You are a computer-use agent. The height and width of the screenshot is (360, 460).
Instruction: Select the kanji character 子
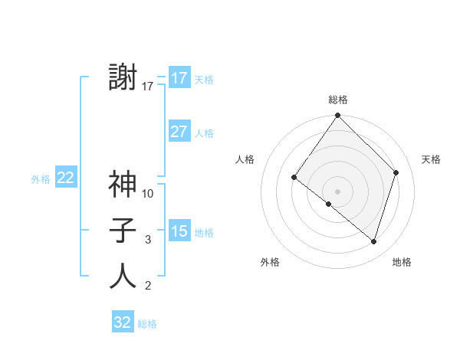[x=123, y=230]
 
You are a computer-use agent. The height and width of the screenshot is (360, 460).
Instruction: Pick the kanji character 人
[x=123, y=276]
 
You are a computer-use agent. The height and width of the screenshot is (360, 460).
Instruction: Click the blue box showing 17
[x=179, y=77]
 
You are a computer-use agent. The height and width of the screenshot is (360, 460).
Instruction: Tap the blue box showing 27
[x=179, y=132]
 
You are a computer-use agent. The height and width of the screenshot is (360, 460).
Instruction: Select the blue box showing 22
[x=65, y=178]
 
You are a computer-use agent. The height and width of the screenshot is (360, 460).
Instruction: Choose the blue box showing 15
[x=179, y=231]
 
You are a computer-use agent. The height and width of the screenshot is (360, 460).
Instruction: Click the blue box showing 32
[x=123, y=322]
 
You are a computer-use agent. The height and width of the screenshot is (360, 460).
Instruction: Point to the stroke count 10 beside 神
[x=148, y=194]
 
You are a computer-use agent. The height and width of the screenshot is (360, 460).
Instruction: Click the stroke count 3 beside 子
[x=148, y=240]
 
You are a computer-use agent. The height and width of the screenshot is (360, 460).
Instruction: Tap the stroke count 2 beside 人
[x=148, y=286]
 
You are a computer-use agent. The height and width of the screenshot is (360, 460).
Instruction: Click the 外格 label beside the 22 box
[x=41, y=179]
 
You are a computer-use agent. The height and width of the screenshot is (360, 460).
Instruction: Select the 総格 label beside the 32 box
[x=147, y=324]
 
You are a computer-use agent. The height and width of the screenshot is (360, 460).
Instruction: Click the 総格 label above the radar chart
[x=337, y=100]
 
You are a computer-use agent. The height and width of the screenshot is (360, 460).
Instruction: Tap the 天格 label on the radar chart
[x=431, y=159]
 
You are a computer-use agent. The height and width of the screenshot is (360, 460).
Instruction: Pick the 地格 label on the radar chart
[x=402, y=262]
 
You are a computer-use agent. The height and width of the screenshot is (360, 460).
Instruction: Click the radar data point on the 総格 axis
[x=337, y=116]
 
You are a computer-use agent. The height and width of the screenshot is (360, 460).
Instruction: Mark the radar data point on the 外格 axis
[x=328, y=204]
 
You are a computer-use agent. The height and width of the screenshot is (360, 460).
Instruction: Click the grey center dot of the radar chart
[x=337, y=191]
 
